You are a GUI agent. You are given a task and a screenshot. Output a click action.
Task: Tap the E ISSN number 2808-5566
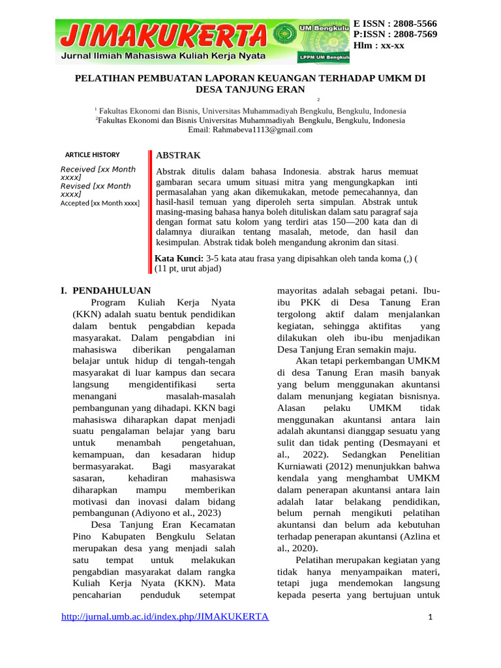[x=412, y=23]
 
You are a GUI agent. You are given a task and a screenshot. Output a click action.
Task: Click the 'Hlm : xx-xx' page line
[x=379, y=45]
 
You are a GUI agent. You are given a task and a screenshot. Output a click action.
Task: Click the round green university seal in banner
[x=283, y=33]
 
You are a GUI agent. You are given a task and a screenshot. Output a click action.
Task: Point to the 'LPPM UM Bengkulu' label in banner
[x=324, y=57]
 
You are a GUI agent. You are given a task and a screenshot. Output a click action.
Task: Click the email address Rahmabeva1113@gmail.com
[x=250, y=130]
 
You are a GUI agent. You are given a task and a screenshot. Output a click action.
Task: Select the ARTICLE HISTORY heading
[x=93, y=155]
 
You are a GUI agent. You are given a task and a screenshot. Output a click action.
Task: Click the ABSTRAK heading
[x=177, y=155]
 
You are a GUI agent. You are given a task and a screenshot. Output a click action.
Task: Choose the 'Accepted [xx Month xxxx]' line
[x=100, y=203]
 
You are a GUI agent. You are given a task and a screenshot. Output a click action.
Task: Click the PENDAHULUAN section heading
[x=111, y=290]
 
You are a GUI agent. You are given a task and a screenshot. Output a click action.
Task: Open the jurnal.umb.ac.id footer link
[x=164, y=617]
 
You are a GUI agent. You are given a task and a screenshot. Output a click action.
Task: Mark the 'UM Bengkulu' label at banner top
[x=324, y=27]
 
